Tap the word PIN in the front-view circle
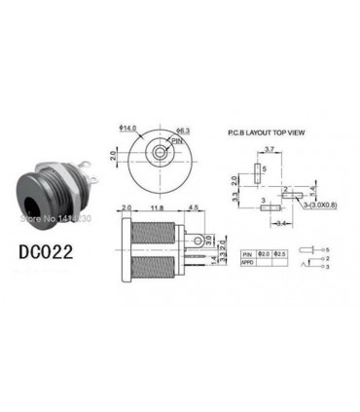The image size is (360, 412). [x=175, y=141]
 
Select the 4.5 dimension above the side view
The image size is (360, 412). [x=195, y=207]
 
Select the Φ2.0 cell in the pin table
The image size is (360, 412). [x=262, y=253]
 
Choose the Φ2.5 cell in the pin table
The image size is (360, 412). [x=280, y=253]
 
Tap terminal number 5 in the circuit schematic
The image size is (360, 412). [x=327, y=250]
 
